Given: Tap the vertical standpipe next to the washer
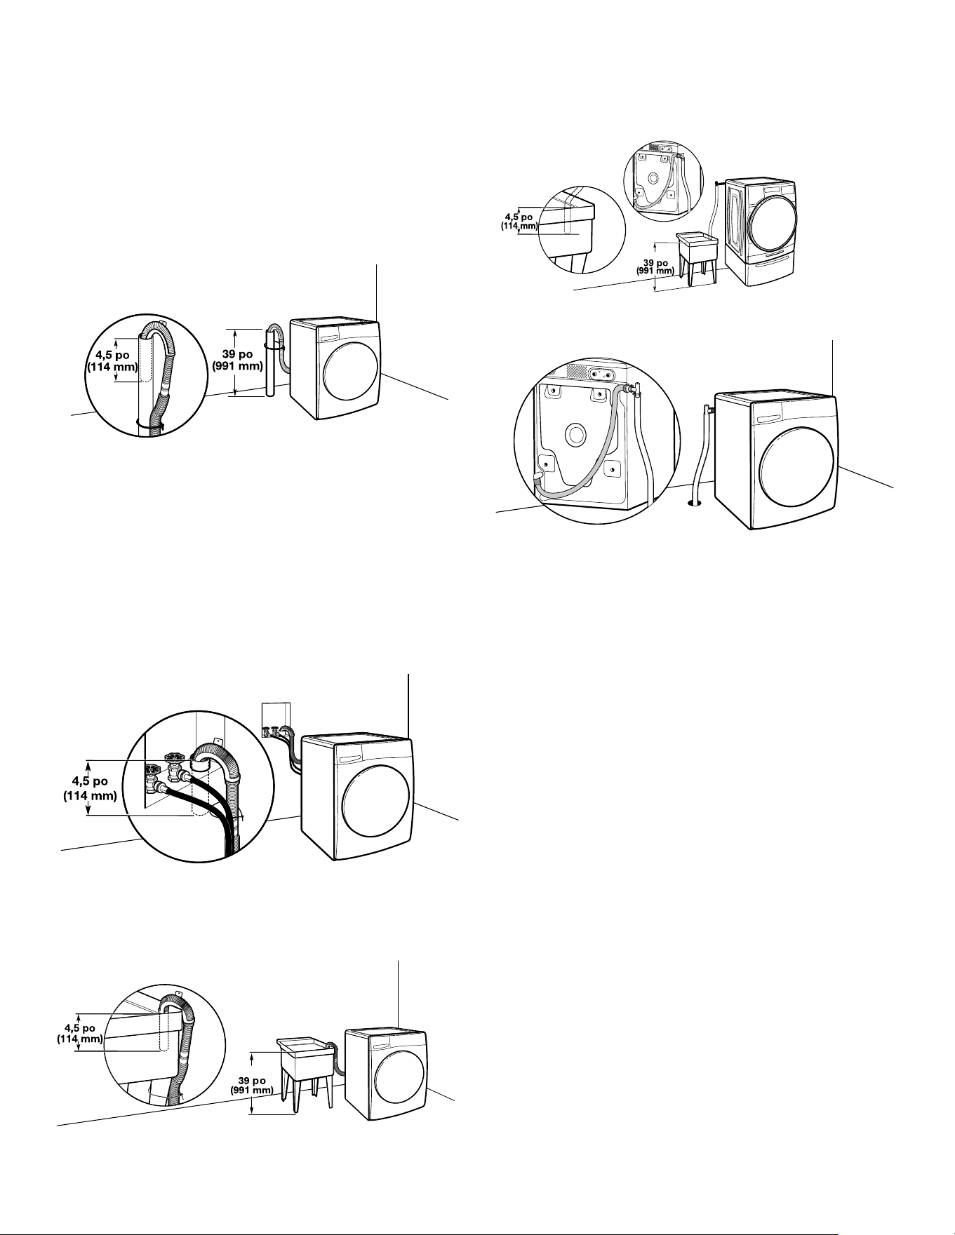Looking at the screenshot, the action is [270, 363].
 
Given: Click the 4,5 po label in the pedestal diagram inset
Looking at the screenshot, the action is [520, 217].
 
